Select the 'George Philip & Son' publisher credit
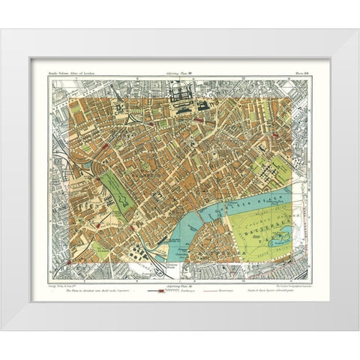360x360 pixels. [63, 279]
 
